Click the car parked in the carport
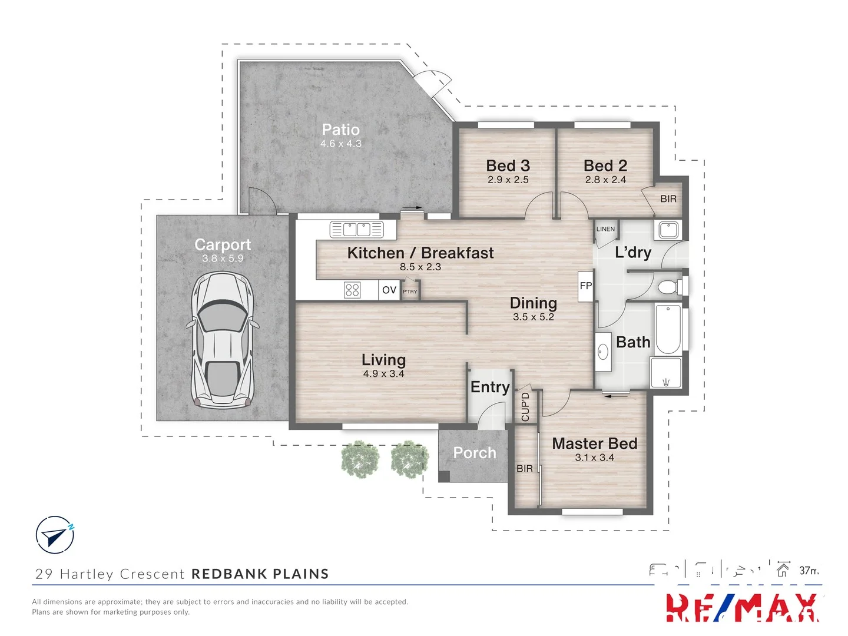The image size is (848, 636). [x=222, y=340]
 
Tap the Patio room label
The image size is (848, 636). [x=340, y=130]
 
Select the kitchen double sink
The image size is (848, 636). [x=356, y=230]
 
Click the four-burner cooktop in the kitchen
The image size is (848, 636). [x=352, y=290]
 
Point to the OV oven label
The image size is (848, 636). [x=389, y=290]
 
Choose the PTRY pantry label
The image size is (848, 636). [x=410, y=291]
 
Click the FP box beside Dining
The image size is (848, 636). [x=585, y=286]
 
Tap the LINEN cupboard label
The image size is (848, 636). [x=605, y=229]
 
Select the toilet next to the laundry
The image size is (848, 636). [x=670, y=287]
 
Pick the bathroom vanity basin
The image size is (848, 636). [x=603, y=352]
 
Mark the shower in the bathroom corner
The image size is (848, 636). [x=666, y=373]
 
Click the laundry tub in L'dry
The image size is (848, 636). [x=668, y=229]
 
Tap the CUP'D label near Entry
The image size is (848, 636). [x=525, y=407]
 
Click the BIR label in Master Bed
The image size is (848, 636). [x=524, y=469]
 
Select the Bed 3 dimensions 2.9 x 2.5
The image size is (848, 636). [x=508, y=180]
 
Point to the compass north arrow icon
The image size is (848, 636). [x=55, y=535]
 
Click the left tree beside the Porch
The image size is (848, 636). [x=359, y=459]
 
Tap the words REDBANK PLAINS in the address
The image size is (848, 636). [x=260, y=574]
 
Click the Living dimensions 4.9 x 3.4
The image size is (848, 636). [x=383, y=374]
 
